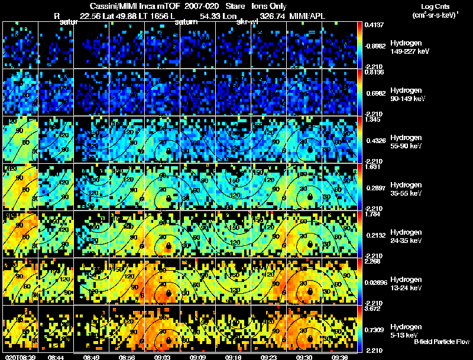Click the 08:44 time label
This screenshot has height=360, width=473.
[56, 357]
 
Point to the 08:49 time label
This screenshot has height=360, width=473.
[91, 357]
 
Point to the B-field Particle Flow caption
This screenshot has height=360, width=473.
[440, 342]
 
